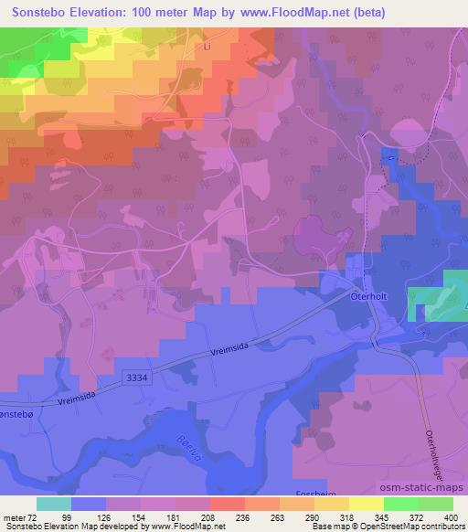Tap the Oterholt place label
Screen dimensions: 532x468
coord(370,296)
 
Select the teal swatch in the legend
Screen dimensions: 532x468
coord(53,504)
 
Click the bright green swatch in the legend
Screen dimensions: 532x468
coord(400,504)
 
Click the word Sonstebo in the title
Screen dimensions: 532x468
coord(37,13)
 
